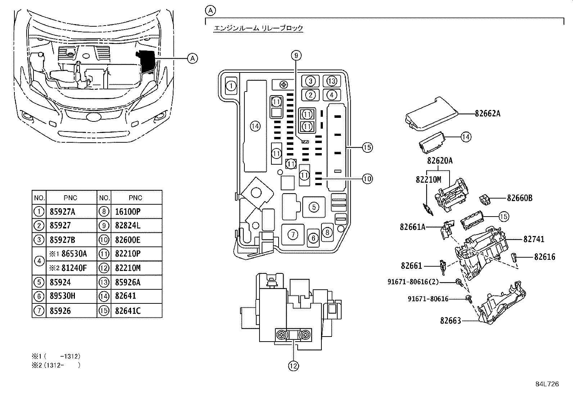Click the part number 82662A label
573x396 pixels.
[487, 114]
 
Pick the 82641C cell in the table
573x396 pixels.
[128, 311]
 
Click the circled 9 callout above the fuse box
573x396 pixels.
[296, 55]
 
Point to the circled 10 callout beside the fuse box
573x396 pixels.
[367, 178]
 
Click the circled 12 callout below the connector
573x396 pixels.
[293, 366]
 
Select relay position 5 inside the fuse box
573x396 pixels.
[314, 207]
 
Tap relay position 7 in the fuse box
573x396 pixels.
[293, 235]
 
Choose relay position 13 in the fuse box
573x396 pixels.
[332, 81]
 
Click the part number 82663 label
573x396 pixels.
[450, 320]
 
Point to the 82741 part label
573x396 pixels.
[534, 239]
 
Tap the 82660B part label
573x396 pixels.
[519, 198]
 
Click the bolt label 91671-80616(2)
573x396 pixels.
[413, 282]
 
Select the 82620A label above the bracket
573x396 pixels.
[440, 161]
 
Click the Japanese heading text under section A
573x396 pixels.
[258, 28]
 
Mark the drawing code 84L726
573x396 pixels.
[547, 384]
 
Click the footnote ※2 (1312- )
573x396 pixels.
[56, 365]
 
